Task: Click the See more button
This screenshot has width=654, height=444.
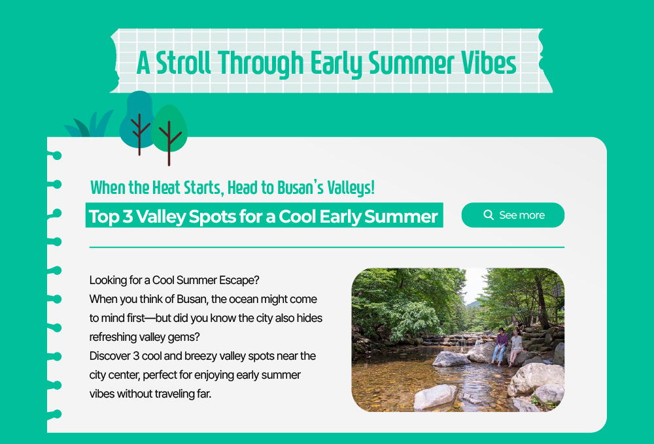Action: pos(513,215)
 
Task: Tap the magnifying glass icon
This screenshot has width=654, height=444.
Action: pos(489,215)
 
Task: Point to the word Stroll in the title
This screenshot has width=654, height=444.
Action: pos(184,63)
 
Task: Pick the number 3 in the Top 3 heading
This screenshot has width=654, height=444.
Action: pos(128,217)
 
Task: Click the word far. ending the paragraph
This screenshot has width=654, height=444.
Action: pos(204,394)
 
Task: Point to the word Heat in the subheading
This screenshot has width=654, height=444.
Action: pos(166,188)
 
